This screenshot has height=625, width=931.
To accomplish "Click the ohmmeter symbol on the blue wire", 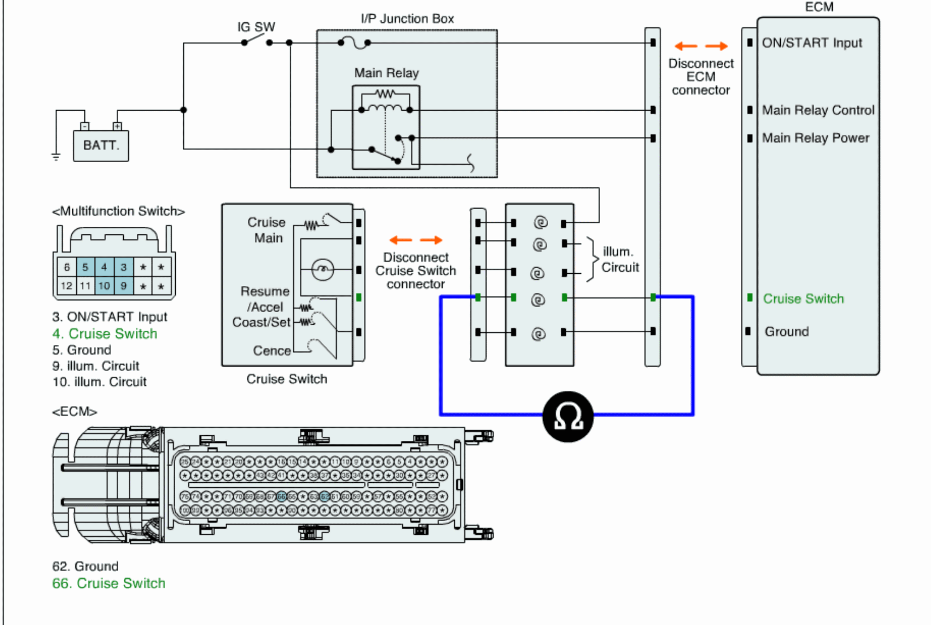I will pyautogui.click(x=568, y=416).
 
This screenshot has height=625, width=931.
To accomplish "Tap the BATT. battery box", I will pyautogui.click(x=101, y=145).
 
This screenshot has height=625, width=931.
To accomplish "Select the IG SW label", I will pyautogui.click(x=256, y=27).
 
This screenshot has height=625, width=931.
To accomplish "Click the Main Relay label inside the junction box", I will pyautogui.click(x=386, y=73).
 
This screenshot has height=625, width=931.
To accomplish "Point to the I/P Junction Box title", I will pyautogui.click(x=407, y=19).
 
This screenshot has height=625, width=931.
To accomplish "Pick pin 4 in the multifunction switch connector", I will pyautogui.click(x=104, y=267).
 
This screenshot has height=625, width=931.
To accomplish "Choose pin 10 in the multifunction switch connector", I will pyautogui.click(x=104, y=286).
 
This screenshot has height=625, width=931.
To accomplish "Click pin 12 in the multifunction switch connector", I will pyautogui.click(x=66, y=286).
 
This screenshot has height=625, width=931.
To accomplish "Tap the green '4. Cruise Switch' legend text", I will pyautogui.click(x=105, y=334).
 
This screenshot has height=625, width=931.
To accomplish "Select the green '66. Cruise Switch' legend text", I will pyautogui.click(x=109, y=583).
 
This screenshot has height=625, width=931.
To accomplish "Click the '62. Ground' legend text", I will pyautogui.click(x=85, y=566).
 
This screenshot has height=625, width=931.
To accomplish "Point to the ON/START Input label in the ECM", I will pyautogui.click(x=812, y=43).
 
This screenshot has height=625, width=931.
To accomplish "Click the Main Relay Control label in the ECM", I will pyautogui.click(x=818, y=110).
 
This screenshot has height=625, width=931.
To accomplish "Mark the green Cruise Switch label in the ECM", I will pyautogui.click(x=803, y=299).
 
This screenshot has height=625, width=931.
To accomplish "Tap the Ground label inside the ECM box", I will pyautogui.click(x=787, y=332).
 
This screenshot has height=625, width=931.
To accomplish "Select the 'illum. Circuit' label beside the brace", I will pyautogui.click(x=620, y=260).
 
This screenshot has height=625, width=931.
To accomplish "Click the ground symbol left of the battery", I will pyautogui.click(x=56, y=157).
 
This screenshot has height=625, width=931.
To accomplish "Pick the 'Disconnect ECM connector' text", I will pyautogui.click(x=701, y=77).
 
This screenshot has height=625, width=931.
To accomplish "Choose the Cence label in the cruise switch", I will pyautogui.click(x=272, y=351).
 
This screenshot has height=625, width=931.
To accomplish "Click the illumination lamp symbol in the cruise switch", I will pyautogui.click(x=322, y=270).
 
